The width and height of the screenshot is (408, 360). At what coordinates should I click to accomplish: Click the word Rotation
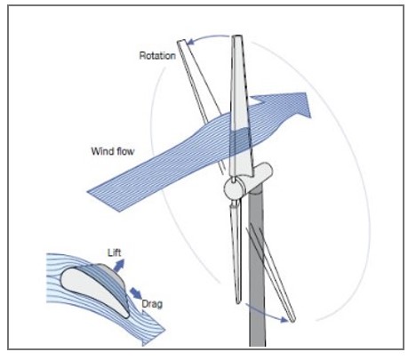pos(157,56)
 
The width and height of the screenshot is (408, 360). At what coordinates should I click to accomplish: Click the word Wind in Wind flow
pos(102,151)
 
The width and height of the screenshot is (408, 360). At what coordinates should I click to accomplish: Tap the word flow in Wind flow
pos(125,151)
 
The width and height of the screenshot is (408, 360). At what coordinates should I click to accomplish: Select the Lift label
pos(115,252)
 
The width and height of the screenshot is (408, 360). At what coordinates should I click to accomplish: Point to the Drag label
pos(152,304)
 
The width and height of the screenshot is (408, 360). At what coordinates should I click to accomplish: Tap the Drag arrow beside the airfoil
pos(136,292)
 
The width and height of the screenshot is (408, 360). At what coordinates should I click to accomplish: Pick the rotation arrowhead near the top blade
pos(191,42)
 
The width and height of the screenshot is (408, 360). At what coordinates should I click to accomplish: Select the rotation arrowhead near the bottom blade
pos(284,319)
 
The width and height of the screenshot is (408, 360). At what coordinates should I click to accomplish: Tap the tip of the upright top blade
pos(237,36)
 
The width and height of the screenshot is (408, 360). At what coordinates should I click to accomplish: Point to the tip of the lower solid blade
pos(238,302)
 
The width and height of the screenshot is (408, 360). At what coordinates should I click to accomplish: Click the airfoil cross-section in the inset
pos(95,291)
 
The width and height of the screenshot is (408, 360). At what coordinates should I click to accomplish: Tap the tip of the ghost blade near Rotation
pos(181,41)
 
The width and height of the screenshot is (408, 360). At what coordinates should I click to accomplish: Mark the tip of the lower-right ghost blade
pos(293,320)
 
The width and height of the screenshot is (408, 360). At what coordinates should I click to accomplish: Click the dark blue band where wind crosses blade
pos(241,142)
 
